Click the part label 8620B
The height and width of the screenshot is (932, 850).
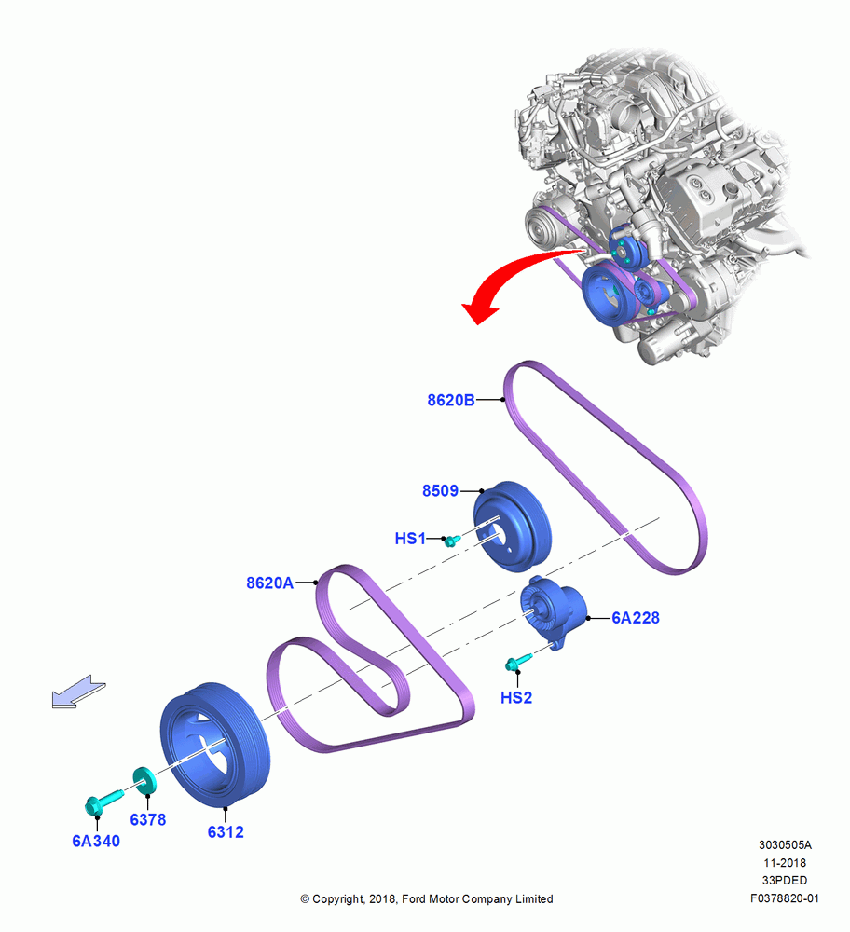[x=450, y=400]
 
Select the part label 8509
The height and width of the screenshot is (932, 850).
[x=440, y=490]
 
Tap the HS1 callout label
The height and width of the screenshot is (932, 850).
[x=410, y=539]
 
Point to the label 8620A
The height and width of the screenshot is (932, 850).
[x=270, y=582]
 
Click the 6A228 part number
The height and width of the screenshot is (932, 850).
[x=636, y=618]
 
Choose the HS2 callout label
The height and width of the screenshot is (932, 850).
[x=516, y=697]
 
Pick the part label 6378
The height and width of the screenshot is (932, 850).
[x=148, y=819]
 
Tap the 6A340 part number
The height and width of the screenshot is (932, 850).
[x=96, y=841]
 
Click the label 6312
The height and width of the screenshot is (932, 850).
[x=226, y=832]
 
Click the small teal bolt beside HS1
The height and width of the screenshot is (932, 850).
[x=453, y=540]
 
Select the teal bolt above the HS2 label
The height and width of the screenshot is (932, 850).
[x=517, y=662]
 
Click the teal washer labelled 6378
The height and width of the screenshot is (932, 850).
[x=144, y=780]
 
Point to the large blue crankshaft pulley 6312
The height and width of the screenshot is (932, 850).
[x=215, y=745]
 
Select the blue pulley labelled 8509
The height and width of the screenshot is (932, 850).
[x=512, y=527]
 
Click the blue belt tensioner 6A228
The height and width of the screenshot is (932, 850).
[x=552, y=611]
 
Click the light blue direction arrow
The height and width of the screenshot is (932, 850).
[x=78, y=692]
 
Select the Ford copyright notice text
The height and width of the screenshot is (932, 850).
[x=426, y=898]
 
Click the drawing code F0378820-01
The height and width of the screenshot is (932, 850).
[x=784, y=898]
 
